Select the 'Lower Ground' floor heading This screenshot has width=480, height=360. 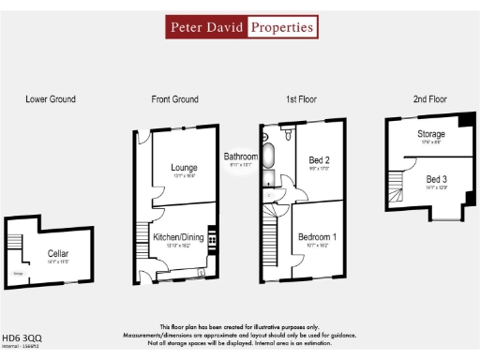pos(51,98)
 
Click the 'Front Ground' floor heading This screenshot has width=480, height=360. pos(175,98)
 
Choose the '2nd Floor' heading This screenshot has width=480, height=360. pos(429,98)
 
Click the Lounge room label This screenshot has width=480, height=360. pos(183,168)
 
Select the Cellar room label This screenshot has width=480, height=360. pos(58,253)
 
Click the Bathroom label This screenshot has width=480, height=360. pos(241,157)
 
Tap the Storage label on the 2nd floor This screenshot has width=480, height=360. pos(431,135)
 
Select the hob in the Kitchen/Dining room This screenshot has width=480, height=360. pos(213,240)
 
